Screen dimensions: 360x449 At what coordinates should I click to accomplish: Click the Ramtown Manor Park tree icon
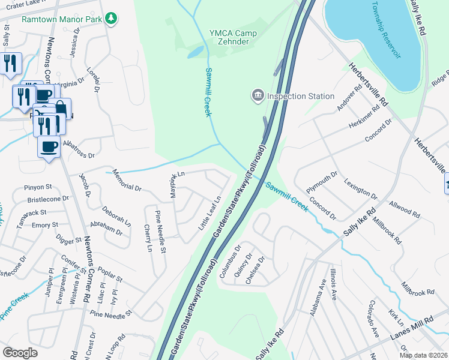110,19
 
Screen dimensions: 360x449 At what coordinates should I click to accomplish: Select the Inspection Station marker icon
258,95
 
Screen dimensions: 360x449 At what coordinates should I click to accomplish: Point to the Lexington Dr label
360,188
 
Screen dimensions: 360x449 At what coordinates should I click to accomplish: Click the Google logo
20,352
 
